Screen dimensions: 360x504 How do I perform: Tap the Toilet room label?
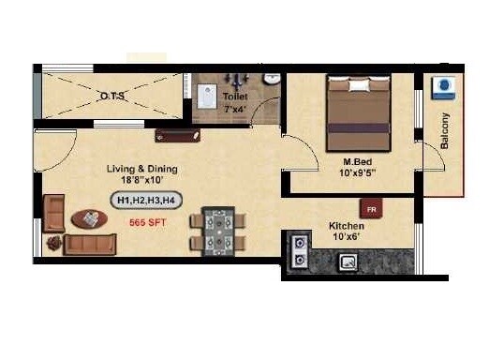coord(236,96)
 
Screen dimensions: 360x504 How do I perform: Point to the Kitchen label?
coord(346,226)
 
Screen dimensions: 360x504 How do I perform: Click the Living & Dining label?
coord(142,170)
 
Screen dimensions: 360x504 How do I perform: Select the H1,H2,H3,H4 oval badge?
coord(147,199)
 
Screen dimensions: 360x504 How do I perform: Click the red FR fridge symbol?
coord(372,208)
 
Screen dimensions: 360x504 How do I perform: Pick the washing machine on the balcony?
coord(442,89)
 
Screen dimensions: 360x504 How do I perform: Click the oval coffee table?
coord(90,217)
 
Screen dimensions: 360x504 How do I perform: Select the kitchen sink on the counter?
coord(348,262)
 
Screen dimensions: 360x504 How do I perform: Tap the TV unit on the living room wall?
coord(178,135)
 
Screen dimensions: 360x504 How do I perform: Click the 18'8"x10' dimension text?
coord(142,182)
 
